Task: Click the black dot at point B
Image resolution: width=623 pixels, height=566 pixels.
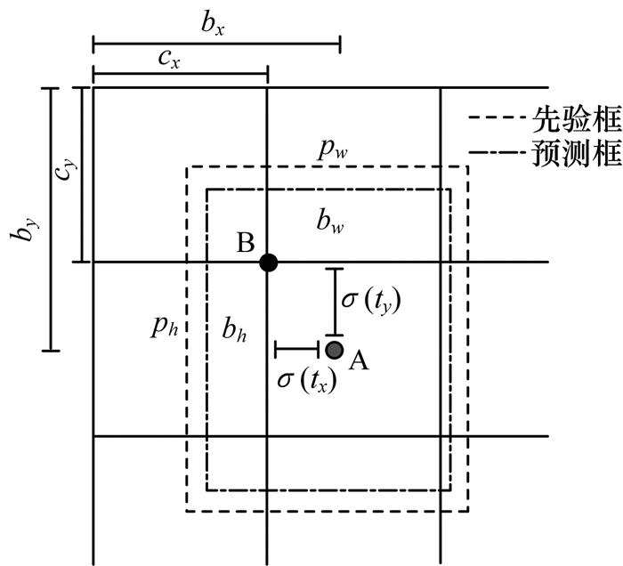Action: (268, 263)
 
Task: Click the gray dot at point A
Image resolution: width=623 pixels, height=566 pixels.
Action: (335, 350)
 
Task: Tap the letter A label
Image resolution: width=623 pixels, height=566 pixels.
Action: (359, 360)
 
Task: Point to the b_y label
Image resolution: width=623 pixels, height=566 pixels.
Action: (20, 220)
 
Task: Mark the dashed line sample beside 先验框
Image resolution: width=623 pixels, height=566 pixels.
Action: (495, 117)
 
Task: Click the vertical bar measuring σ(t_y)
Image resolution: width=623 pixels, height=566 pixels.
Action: (335, 302)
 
